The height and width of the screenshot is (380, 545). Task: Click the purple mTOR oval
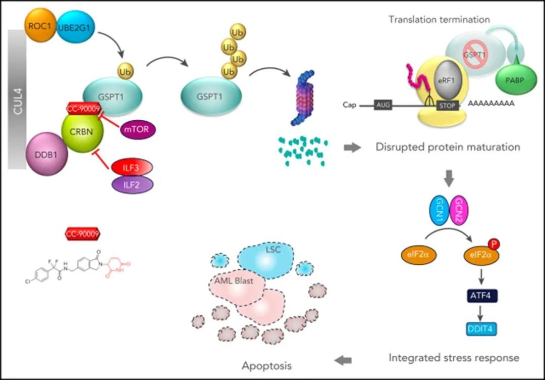pyautogui.click(x=138, y=130)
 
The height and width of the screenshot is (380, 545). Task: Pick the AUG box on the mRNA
pyautogui.click(x=383, y=105)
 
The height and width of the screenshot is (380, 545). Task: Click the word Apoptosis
pyautogui.click(x=266, y=365)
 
